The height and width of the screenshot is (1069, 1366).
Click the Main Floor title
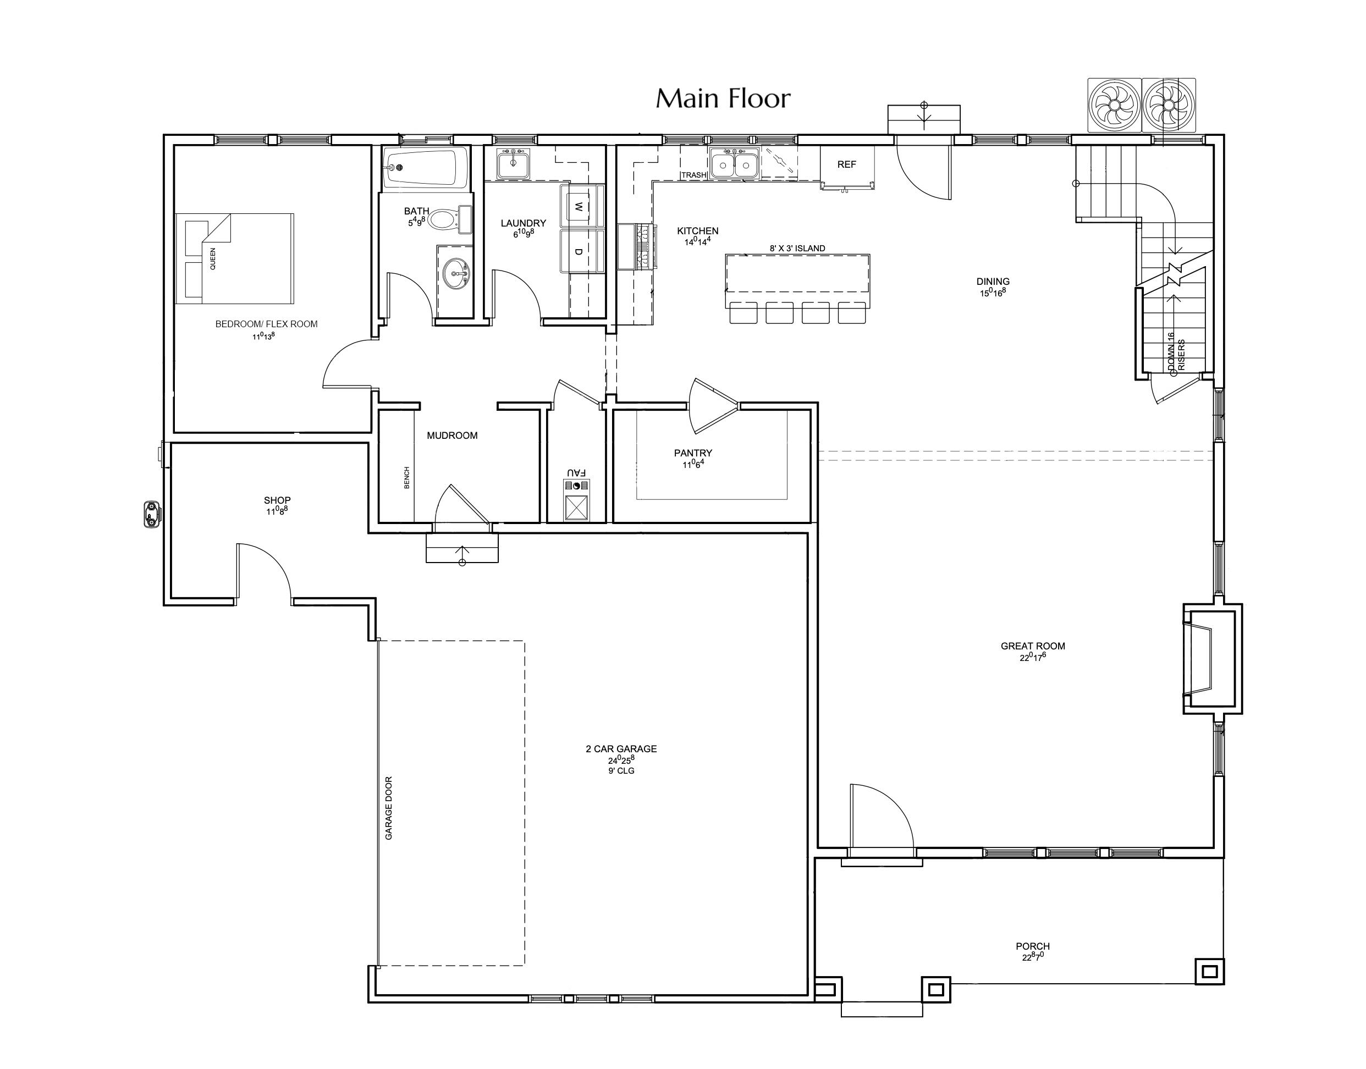(723, 98)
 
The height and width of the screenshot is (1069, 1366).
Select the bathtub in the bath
(426, 168)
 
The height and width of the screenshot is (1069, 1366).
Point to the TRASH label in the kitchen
(693, 175)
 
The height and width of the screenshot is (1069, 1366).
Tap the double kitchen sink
(735, 164)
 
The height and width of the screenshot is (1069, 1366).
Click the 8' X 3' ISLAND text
(797, 249)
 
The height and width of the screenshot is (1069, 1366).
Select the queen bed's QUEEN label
(213, 258)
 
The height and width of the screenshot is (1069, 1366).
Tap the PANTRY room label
(693, 453)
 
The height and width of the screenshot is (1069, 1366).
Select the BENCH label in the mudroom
(407, 477)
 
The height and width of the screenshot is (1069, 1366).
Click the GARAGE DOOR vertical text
(389, 808)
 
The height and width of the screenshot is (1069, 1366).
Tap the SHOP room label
(277, 500)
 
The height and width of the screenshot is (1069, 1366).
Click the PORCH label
(1033, 946)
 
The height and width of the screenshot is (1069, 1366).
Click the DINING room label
(993, 282)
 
